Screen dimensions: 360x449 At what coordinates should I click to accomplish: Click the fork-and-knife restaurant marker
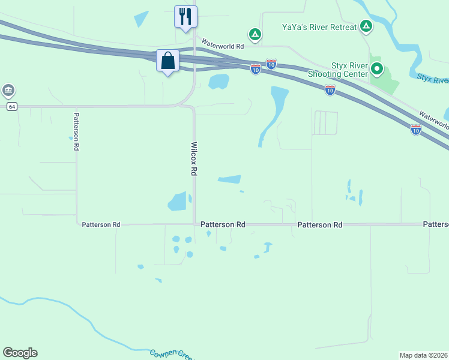(185, 16)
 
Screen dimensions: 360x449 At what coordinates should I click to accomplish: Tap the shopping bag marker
(168, 61)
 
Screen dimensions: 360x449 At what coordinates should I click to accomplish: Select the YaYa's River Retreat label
(320, 26)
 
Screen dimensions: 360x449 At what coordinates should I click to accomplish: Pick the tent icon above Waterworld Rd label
(255, 34)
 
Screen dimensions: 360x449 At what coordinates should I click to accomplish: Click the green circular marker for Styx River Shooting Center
(377, 69)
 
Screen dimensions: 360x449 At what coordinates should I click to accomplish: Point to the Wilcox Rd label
(194, 159)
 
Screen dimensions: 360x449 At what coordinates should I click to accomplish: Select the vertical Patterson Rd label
(76, 131)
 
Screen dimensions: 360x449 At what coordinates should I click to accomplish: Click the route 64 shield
(11, 106)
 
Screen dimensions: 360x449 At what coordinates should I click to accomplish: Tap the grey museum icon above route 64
(8, 91)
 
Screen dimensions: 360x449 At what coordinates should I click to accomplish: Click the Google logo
(20, 353)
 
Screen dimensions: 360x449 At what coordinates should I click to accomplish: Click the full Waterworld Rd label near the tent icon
(223, 44)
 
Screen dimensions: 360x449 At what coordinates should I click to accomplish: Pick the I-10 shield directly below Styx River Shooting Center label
(330, 90)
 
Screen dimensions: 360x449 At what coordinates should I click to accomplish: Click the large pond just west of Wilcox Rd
(178, 202)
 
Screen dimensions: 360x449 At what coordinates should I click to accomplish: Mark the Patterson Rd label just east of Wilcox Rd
(223, 224)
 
